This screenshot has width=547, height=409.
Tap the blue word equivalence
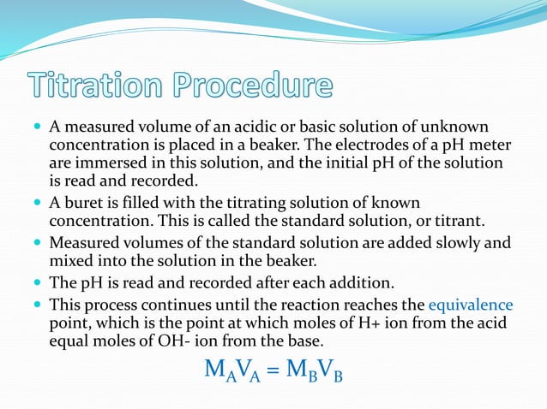(x=470, y=304)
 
